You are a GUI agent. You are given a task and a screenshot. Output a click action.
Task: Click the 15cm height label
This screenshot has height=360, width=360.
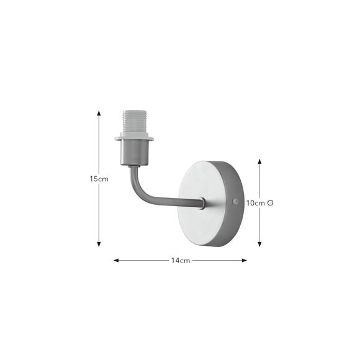(x=99, y=179)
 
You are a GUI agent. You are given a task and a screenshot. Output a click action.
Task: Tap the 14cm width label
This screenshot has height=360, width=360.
(x=180, y=261)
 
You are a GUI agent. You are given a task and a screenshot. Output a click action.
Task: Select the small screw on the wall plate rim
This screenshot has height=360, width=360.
(x=234, y=201)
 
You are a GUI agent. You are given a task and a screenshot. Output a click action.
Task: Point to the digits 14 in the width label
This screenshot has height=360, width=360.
(x=176, y=261)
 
